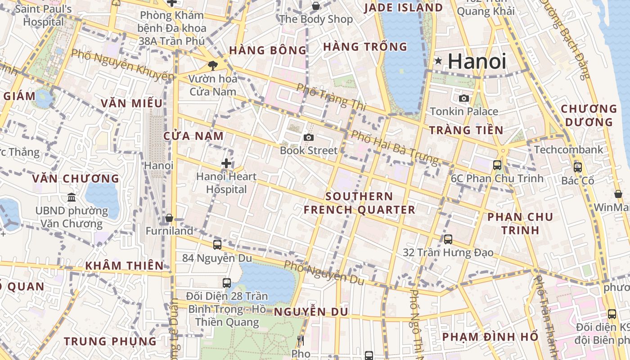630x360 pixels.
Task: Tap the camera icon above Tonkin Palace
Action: (x=463, y=98)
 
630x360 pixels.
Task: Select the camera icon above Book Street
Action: (x=308, y=137)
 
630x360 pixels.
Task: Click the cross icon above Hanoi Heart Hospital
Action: (x=226, y=163)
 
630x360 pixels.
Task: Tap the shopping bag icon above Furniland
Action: (x=169, y=218)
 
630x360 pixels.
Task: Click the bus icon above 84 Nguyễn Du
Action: (x=217, y=244)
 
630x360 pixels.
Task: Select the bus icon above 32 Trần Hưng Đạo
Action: (x=448, y=239)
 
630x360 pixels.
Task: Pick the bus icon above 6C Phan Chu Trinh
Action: (x=497, y=165)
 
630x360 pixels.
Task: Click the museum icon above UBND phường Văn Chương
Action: (x=72, y=197)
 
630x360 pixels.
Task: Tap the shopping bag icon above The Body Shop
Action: (x=316, y=6)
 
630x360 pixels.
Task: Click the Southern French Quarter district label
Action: (x=359, y=203)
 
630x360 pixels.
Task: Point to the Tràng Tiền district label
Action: (x=466, y=130)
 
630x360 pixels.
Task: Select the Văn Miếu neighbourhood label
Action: (x=131, y=103)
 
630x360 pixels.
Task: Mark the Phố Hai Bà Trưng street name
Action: (x=394, y=147)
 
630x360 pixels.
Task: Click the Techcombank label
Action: (x=569, y=150)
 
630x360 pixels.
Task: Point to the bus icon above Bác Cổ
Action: (x=577, y=167)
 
